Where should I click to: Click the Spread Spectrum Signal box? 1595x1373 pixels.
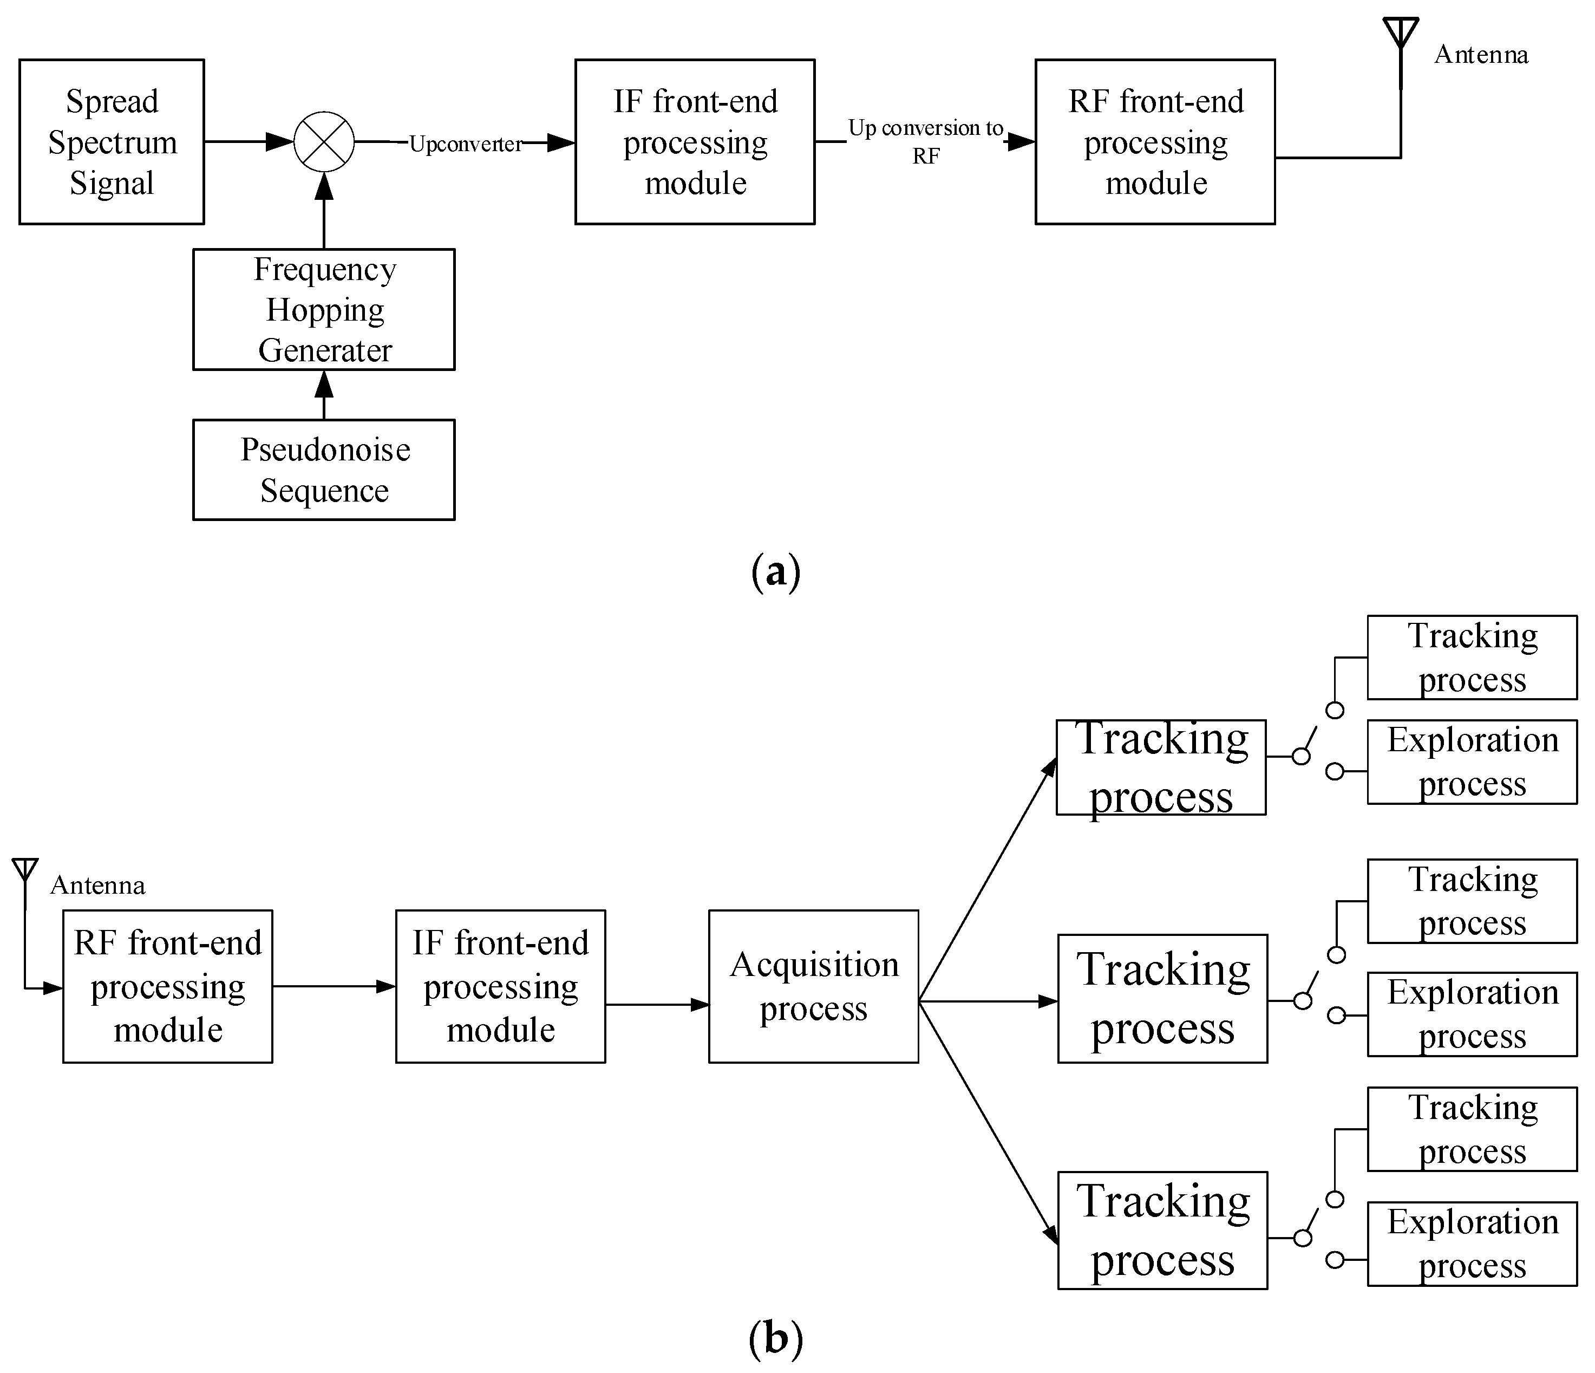112,142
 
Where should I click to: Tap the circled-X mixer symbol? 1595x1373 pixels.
324,142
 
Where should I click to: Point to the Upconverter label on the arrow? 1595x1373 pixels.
465,144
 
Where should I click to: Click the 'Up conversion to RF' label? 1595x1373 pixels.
925,142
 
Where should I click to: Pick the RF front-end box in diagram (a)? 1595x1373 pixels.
1155,142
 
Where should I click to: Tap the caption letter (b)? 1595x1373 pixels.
775,1338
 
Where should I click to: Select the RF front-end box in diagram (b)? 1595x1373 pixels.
167,986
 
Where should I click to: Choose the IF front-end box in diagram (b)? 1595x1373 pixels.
500,986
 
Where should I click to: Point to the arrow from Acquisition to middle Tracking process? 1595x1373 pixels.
989,1001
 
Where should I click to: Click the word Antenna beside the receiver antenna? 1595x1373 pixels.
97,886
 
